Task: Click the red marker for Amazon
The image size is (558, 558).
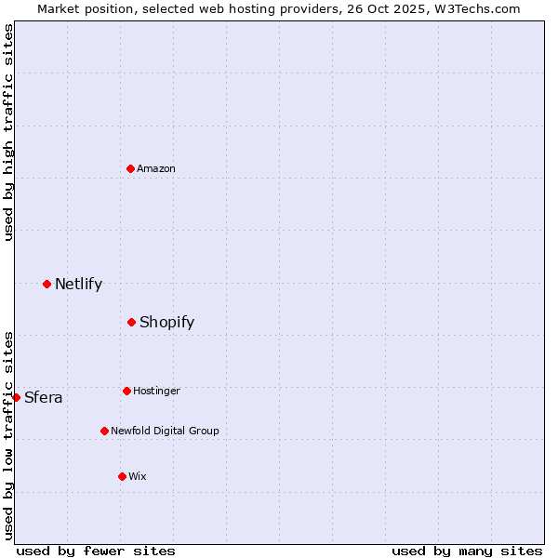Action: (x=131, y=168)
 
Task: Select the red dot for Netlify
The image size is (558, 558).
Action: (x=46, y=284)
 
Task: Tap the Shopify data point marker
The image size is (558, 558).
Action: (x=132, y=322)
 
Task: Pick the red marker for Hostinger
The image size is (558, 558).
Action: (x=126, y=391)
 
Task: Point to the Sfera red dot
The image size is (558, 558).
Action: (x=16, y=397)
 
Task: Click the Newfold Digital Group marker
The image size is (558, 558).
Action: (x=104, y=431)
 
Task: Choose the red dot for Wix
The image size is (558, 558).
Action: (x=122, y=476)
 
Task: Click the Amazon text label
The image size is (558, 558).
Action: (x=156, y=168)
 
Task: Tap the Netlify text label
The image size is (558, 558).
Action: (x=78, y=285)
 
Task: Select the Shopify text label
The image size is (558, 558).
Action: (x=166, y=323)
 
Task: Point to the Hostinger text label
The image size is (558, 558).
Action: (x=156, y=391)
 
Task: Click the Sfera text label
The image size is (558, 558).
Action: (x=44, y=398)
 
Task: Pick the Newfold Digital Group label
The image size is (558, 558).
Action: (x=165, y=431)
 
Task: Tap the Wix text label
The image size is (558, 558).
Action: (x=138, y=476)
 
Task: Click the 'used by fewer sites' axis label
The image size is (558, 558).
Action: (x=96, y=551)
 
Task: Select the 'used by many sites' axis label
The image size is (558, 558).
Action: (x=467, y=551)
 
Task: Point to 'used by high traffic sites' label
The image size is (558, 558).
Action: (x=9, y=132)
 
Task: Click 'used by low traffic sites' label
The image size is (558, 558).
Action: (x=9, y=435)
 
